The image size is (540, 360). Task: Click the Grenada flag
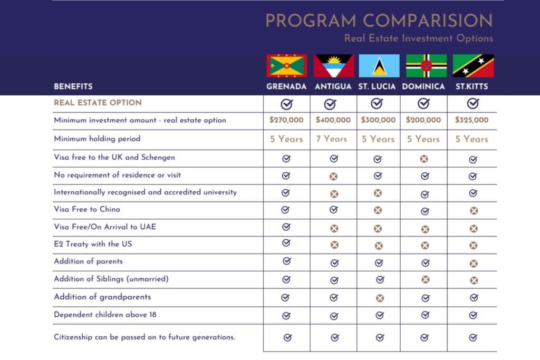point(287,66)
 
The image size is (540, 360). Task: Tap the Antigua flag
point(333,66)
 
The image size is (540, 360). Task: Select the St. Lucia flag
point(378,66)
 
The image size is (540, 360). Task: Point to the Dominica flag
point(426,66)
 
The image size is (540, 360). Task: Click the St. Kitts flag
point(473,66)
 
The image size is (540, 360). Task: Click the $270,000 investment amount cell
point(286,120)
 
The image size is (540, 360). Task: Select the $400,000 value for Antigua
point(333,120)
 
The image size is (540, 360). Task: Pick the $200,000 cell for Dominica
point(423,120)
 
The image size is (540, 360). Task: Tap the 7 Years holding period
point(332,139)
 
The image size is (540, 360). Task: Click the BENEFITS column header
point(73,86)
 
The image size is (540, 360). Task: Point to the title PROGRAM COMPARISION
point(379,21)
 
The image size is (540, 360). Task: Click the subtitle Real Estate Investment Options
point(418,38)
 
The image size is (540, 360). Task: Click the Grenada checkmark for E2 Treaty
point(286,243)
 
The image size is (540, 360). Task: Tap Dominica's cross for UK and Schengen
point(425,159)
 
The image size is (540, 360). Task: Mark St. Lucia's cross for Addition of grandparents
point(379,298)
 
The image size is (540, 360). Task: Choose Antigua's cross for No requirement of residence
point(333,177)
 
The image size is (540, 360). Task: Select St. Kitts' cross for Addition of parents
point(473,263)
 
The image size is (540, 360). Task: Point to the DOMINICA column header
point(423,86)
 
